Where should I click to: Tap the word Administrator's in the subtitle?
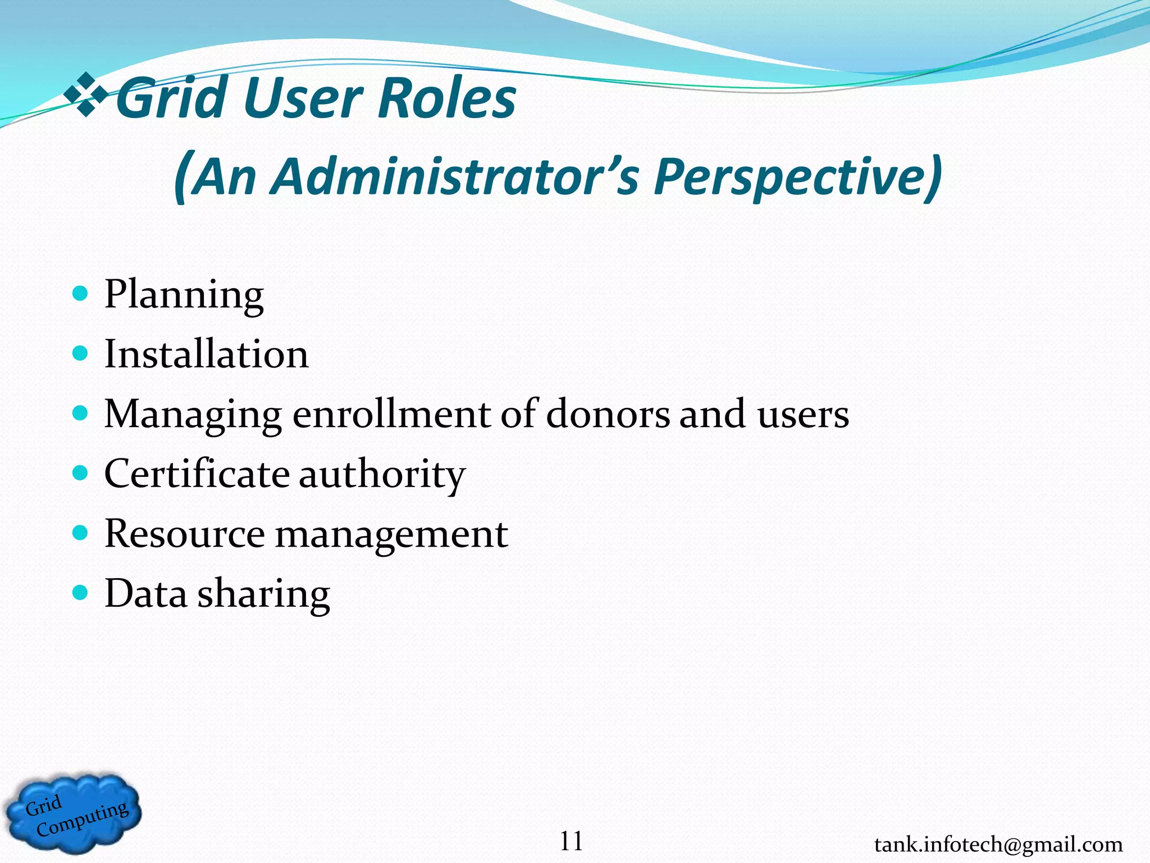tap(454, 177)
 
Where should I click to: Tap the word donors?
tap(608, 414)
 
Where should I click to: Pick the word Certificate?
tap(197, 474)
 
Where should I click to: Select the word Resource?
tap(184, 534)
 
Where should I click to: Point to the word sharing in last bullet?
tap(263, 594)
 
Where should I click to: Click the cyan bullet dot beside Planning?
tap(81, 293)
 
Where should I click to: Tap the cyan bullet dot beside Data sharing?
tap(81, 593)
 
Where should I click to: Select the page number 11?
tap(571, 842)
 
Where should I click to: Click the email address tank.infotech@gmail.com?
tap(998, 844)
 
